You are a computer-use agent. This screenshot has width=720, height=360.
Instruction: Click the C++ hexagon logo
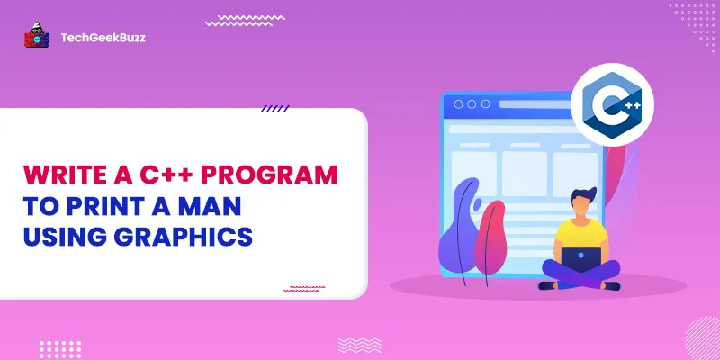click(x=613, y=104)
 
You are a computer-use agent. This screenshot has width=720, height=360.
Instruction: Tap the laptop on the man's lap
click(x=583, y=260)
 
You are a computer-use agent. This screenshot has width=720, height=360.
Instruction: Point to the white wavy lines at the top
click(x=245, y=20)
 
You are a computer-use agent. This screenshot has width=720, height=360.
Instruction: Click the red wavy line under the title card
click(x=304, y=288)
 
